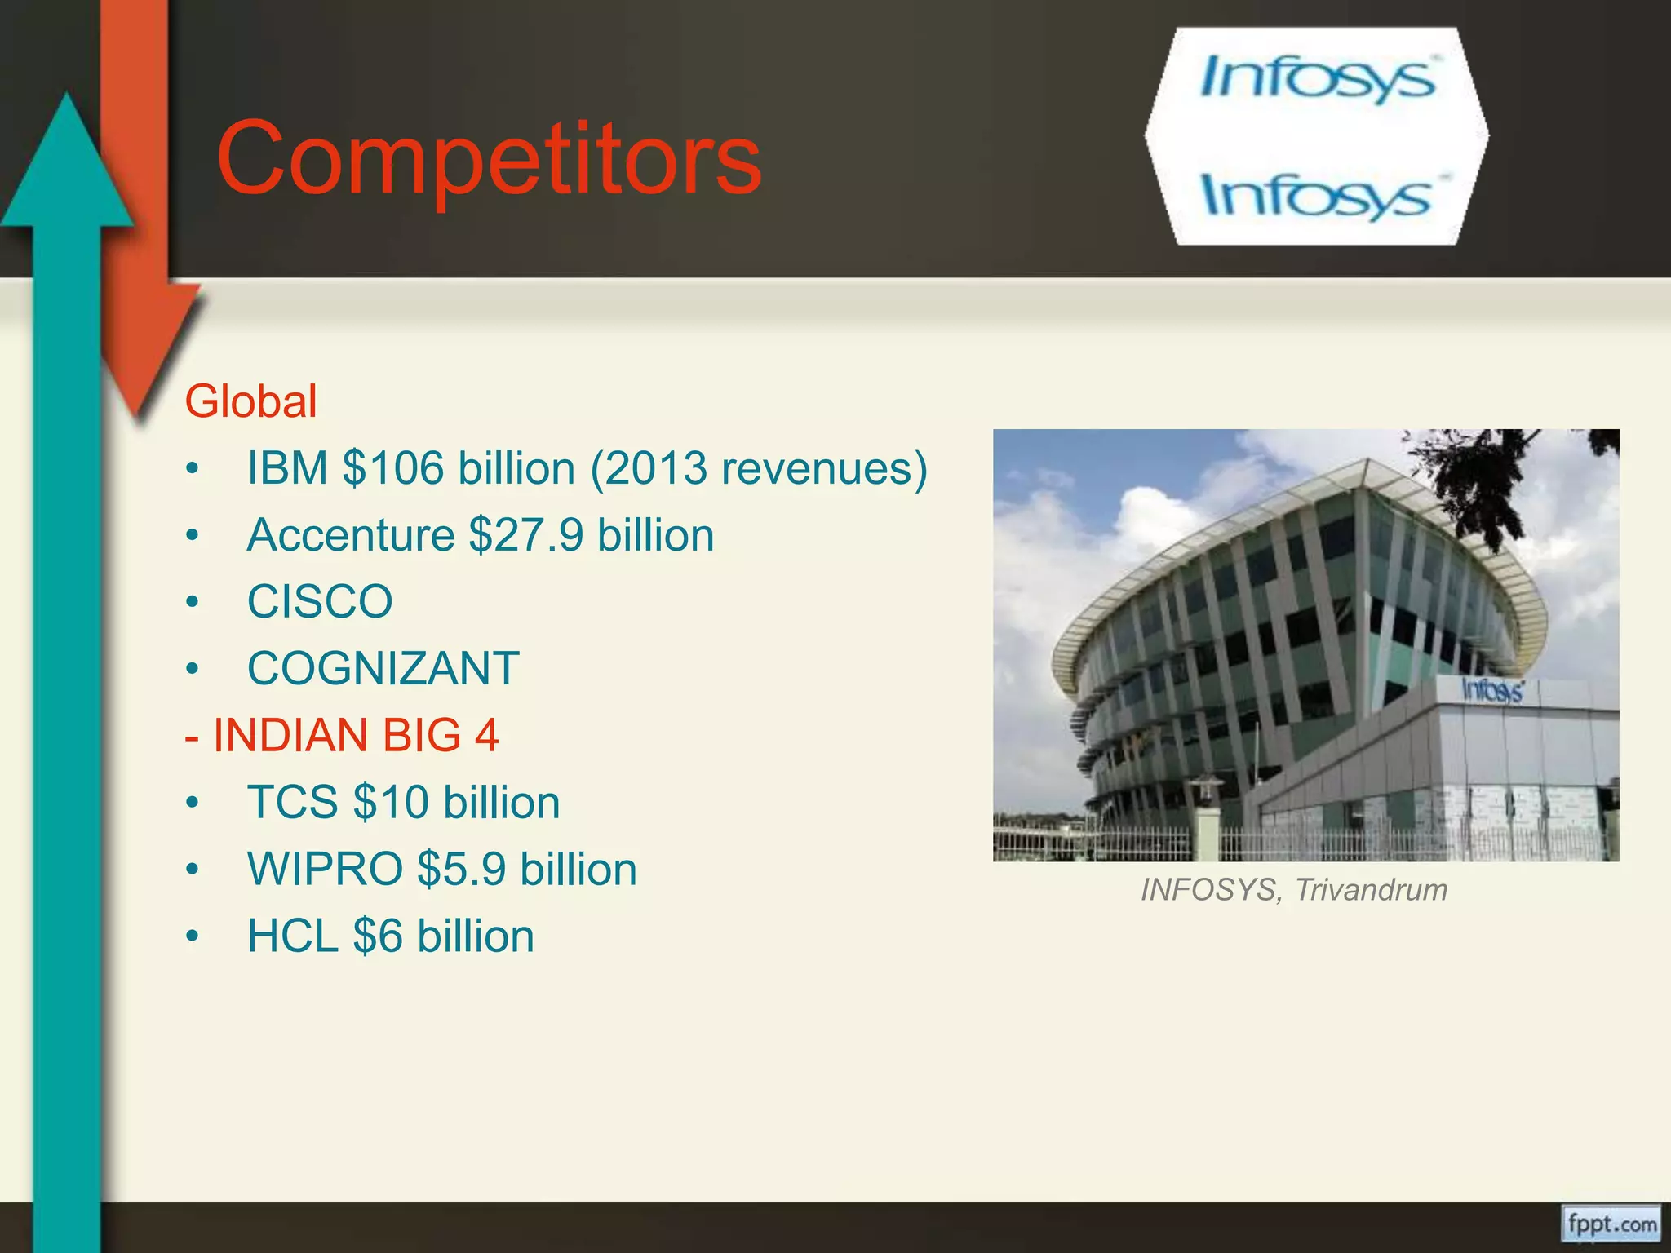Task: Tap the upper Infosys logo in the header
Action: pyautogui.click(x=1317, y=78)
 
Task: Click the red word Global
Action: pyautogui.click(x=250, y=401)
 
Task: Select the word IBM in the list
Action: pyautogui.click(x=287, y=468)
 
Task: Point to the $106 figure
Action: pyautogui.click(x=393, y=468)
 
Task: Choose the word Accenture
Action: pyautogui.click(x=351, y=535)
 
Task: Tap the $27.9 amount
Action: pyautogui.click(x=526, y=535)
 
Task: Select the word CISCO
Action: pyautogui.click(x=320, y=602)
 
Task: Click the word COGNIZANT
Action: pyautogui.click(x=383, y=669)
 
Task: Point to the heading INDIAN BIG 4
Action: pyautogui.click(x=355, y=736)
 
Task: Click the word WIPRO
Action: pyautogui.click(x=325, y=870)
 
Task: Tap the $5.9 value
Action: pyautogui.click(x=462, y=870)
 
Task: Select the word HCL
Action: pyautogui.click(x=292, y=936)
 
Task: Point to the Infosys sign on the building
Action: pyautogui.click(x=1491, y=691)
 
